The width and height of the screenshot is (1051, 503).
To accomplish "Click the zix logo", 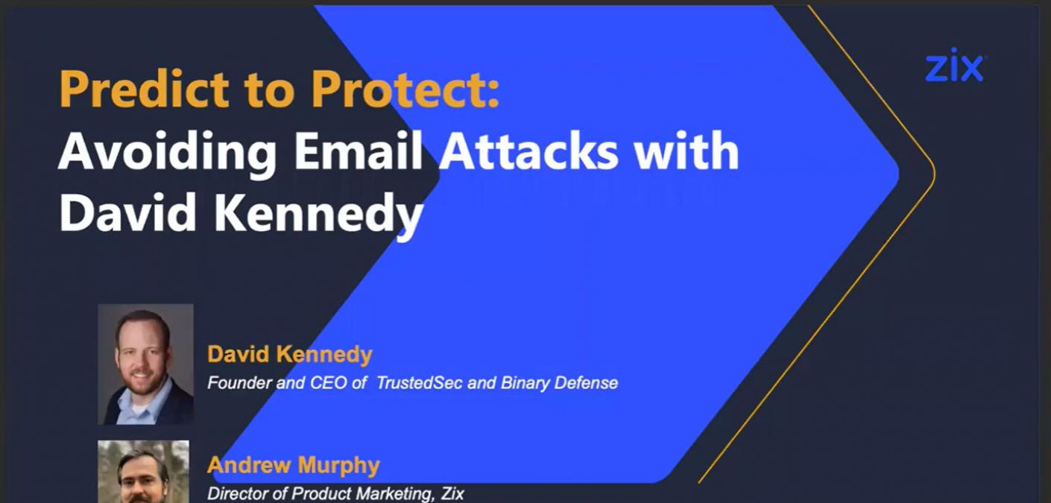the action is tap(954, 66).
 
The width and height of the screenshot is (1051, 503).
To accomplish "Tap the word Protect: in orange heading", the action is tap(405, 89).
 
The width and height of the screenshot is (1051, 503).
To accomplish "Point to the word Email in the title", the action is tap(359, 151).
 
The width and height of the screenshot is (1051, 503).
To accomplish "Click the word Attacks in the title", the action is tap(528, 151).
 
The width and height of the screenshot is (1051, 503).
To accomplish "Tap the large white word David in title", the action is tap(127, 212).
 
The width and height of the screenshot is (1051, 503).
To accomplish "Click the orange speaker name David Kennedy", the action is tap(289, 355).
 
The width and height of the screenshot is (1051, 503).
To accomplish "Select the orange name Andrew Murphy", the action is tap(293, 466).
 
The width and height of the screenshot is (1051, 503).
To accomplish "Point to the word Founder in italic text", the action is tap(240, 383).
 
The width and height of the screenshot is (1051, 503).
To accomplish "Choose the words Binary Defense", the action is tap(559, 383).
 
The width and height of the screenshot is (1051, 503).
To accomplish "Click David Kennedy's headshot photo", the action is tap(145, 364).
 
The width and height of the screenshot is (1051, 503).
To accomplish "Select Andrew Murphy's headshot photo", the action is tap(144, 472).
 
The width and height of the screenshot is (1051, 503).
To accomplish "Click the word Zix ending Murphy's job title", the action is tap(452, 493).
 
